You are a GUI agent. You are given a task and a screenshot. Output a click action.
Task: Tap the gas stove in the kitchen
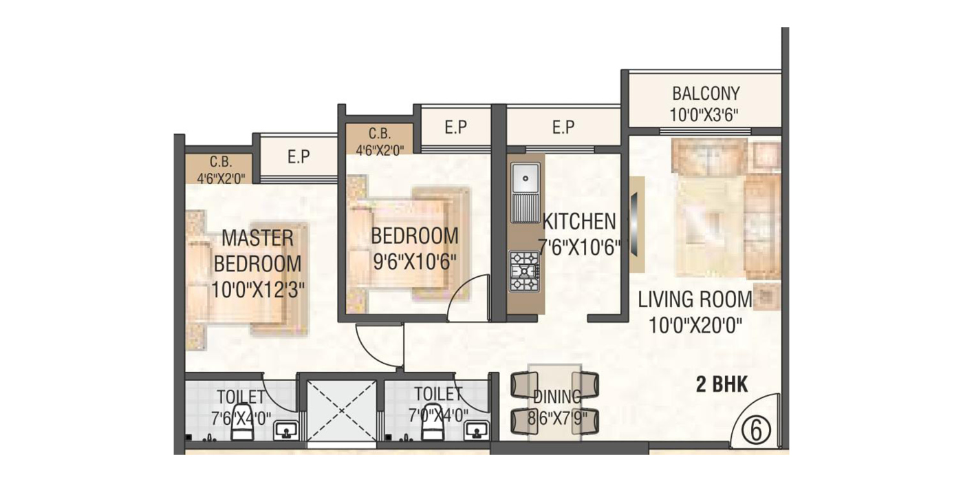pyautogui.click(x=524, y=271)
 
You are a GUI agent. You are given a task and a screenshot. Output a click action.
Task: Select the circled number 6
pyautogui.click(x=757, y=430)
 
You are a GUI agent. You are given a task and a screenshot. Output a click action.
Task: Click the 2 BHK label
pyautogui.click(x=722, y=384)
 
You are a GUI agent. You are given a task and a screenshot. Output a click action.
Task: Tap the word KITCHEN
pyautogui.click(x=579, y=222)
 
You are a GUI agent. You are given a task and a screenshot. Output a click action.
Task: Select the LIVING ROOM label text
pyautogui.click(x=695, y=300)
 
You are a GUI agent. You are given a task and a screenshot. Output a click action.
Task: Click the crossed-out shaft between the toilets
pyautogui.click(x=341, y=411)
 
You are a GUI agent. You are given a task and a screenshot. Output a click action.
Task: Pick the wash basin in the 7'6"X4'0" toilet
pyautogui.click(x=286, y=430)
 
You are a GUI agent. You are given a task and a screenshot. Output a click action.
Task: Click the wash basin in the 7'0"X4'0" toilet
pyautogui.click(x=477, y=430)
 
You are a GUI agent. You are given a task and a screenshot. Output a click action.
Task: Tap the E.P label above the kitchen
pyautogui.click(x=563, y=127)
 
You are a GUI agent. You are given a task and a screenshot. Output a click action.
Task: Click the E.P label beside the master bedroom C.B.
pyautogui.click(x=299, y=157)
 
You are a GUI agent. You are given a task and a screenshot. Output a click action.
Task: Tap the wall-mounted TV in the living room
pyautogui.click(x=634, y=224)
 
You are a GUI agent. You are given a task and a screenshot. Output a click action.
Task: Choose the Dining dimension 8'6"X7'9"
pyautogui.click(x=557, y=417)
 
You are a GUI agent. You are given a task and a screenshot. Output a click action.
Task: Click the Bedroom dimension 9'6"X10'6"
pyautogui.click(x=414, y=262)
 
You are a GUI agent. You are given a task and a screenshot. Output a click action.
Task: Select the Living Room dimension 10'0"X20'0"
pyautogui.click(x=695, y=326)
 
